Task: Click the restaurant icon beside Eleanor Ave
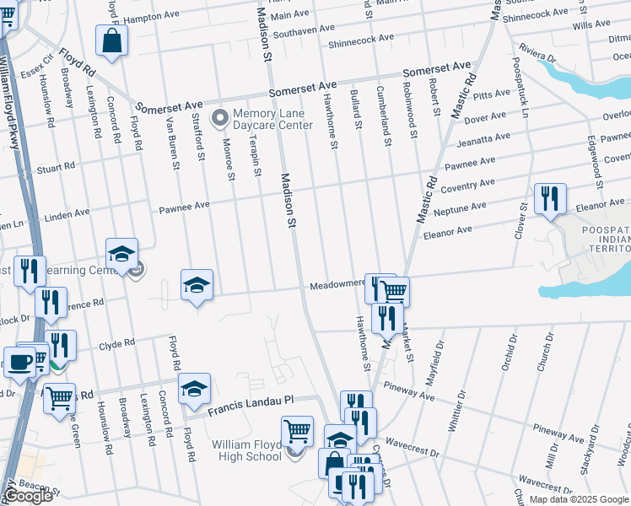pyautogui.click(x=550, y=200)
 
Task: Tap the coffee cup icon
pyautogui.click(x=19, y=362)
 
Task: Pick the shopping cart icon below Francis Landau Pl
pyautogui.click(x=297, y=432)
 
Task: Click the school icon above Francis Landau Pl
pyautogui.click(x=195, y=388)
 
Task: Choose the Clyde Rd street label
pyautogui.click(x=117, y=345)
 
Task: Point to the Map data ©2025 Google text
pyautogui.click(x=578, y=499)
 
